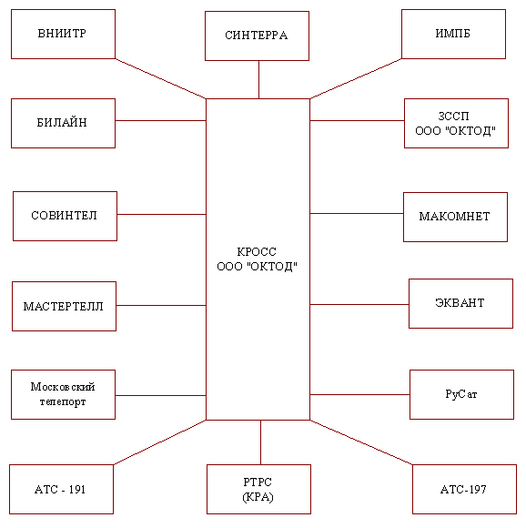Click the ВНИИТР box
pyautogui.click(x=64, y=34)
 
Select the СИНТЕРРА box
pyautogui.click(x=258, y=36)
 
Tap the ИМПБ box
pyautogui.click(x=453, y=34)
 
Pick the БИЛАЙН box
pyautogui.click(x=64, y=123)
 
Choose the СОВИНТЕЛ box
pyautogui.click(x=65, y=216)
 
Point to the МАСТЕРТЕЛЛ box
pyautogui.click(x=64, y=307)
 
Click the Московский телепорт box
pyautogui.click(x=64, y=395)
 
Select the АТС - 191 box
pyautogui.click(x=61, y=489)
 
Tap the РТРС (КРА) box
pyautogui.click(x=258, y=489)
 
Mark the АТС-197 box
pyautogui.click(x=464, y=489)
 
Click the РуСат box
pyautogui.click(x=461, y=395)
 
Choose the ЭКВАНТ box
pyautogui.click(x=460, y=303)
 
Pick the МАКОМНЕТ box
pyautogui.click(x=455, y=218)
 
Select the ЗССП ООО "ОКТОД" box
pyautogui.click(x=456, y=123)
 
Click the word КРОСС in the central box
pyautogui.click(x=257, y=252)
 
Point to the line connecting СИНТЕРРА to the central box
pyautogui.click(x=258, y=80)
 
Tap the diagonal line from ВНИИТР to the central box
pyautogui.click(x=161, y=79)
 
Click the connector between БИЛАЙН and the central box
pyautogui.click(x=161, y=120)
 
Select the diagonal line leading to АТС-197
pyautogui.click(x=361, y=442)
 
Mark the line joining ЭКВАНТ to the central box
pyautogui.click(x=359, y=304)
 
